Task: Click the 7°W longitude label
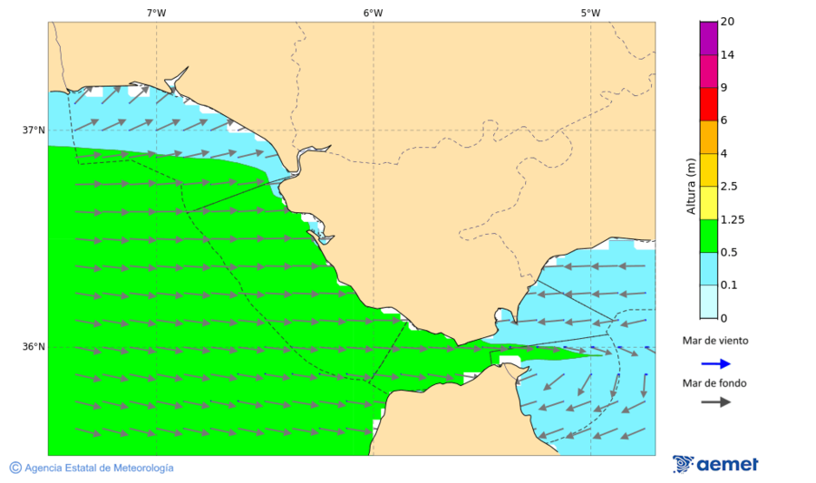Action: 156,13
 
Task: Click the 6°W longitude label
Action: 373,13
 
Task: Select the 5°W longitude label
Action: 590,13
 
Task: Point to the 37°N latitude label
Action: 34,130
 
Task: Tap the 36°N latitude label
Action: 34,346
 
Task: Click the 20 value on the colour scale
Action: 727,22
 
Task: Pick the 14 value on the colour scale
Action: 727,54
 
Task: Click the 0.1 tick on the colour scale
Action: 728,285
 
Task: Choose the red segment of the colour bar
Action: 708,103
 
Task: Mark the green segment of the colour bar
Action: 708,235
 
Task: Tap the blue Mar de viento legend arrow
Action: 715,363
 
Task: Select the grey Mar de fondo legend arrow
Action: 715,401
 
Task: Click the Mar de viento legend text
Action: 715,341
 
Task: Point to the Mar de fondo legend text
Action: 715,383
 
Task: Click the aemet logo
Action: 715,464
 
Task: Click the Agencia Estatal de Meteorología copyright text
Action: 92,468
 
